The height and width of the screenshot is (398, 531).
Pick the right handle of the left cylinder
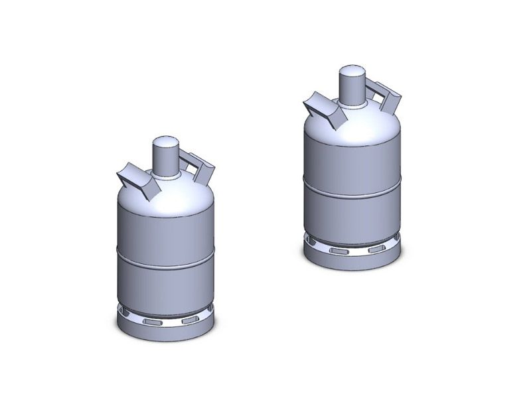199,168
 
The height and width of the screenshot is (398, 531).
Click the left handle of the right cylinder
323,108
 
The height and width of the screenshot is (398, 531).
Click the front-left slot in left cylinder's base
153,320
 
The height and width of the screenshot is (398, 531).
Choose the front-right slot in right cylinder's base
376,249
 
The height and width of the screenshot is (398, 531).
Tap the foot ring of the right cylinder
352,261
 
